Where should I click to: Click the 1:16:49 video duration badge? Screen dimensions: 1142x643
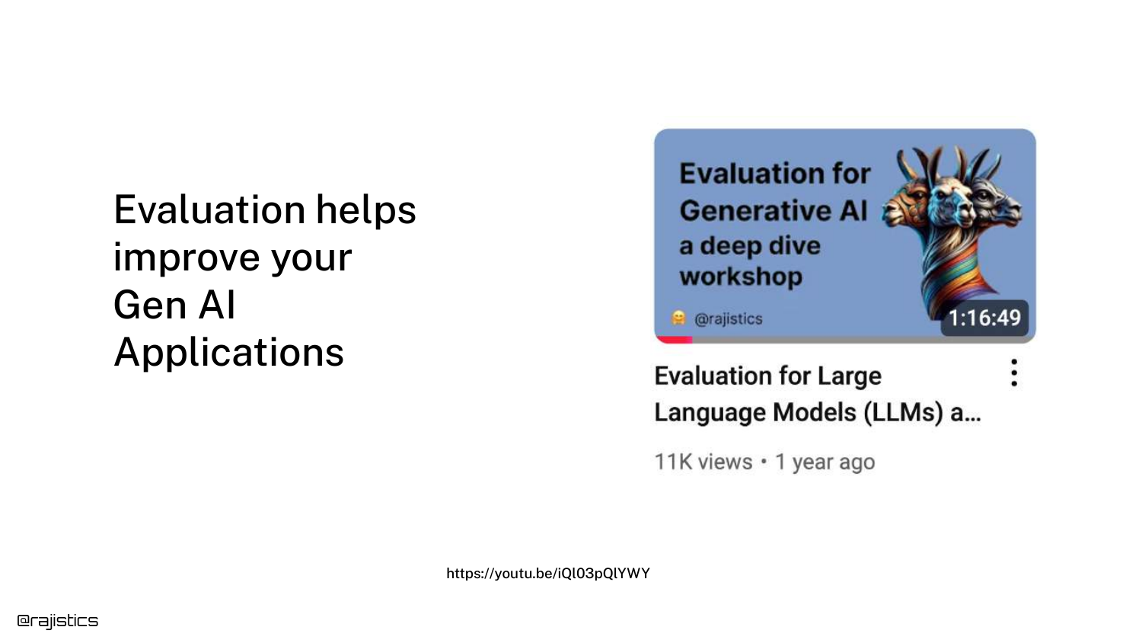pyautogui.click(x=984, y=318)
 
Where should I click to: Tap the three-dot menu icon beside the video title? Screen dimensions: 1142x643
pyautogui.click(x=1014, y=373)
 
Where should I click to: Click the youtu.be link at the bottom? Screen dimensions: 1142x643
pyautogui.click(x=548, y=574)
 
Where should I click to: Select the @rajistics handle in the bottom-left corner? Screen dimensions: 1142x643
pyautogui.click(x=58, y=621)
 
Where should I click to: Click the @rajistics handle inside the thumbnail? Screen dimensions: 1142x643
pyautogui.click(x=728, y=319)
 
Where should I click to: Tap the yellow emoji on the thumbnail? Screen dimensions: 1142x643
pyautogui.click(x=678, y=318)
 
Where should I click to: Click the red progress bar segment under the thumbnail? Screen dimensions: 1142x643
pyautogui.click(x=674, y=339)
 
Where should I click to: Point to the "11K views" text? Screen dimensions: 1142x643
pyautogui.click(x=703, y=462)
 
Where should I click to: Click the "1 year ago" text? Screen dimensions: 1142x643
pyautogui.click(x=825, y=462)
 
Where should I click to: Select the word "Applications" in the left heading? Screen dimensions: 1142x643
pyautogui.click(x=229, y=353)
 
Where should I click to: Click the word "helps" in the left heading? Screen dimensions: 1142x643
pyautogui.click(x=366, y=210)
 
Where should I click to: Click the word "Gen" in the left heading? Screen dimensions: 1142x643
pyautogui.click(x=150, y=305)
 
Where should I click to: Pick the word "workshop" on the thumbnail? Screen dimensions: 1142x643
pyautogui.click(x=741, y=277)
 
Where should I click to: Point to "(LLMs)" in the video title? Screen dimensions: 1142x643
pyautogui.click(x=904, y=412)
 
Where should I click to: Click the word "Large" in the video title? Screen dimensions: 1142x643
pyautogui.click(x=850, y=377)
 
